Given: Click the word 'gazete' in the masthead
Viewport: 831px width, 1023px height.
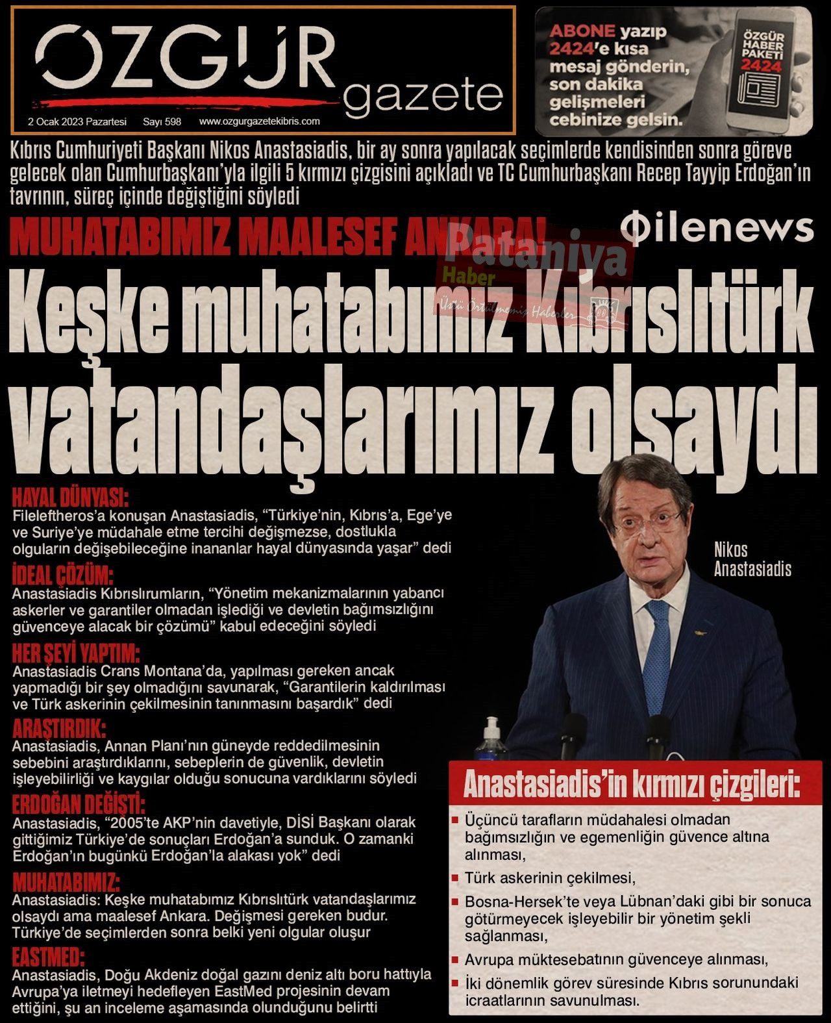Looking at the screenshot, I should [423, 95].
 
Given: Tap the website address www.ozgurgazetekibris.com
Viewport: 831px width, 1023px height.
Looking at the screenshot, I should [259, 121].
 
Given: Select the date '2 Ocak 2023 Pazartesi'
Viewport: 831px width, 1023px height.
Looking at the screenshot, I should [77, 121].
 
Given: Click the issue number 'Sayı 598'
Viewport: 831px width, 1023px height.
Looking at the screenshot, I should [162, 121].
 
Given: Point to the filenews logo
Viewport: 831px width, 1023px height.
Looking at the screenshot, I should [717, 229].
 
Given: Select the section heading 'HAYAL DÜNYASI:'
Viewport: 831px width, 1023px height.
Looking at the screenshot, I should [71, 498].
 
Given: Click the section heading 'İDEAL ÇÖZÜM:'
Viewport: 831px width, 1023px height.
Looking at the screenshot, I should [63, 575].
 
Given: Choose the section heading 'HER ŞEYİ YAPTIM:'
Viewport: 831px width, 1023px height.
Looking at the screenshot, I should [76, 653].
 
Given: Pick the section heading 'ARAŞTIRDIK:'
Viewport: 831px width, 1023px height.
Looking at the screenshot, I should [59, 727].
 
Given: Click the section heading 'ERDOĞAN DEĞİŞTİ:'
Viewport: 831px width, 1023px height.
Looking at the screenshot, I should [79, 805].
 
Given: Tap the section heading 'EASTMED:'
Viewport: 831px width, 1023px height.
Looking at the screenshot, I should [49, 957].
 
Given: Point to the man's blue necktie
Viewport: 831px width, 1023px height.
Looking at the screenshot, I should [657, 650].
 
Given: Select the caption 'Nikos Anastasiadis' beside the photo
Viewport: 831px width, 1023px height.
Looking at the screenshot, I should [752, 559].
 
